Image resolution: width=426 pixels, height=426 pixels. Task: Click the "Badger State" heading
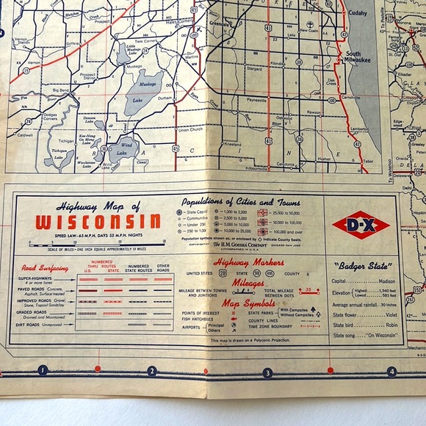[361, 266]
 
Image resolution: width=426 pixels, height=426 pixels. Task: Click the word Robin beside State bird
[389, 324]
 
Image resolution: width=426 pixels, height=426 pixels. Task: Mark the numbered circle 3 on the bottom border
[268, 372]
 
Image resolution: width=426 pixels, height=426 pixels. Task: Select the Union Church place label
[189, 130]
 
